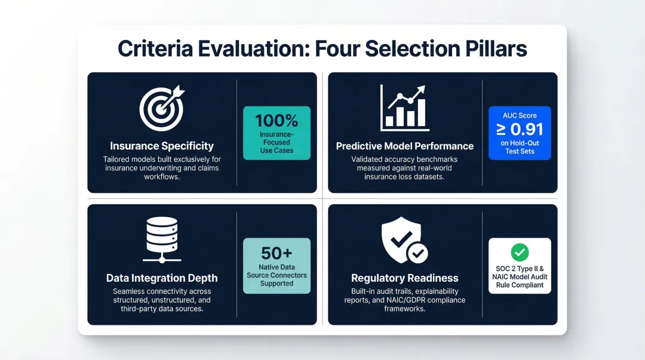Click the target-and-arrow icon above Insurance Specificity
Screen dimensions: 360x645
pyautogui.click(x=161, y=109)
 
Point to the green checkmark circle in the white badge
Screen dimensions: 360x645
pyautogui.click(x=520, y=251)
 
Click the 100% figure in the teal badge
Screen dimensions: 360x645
pyautogui.click(x=277, y=121)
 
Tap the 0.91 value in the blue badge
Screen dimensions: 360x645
pyautogui.click(x=526, y=130)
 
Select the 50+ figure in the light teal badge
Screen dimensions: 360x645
pyautogui.click(x=277, y=253)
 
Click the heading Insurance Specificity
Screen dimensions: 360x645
pyautogui.click(x=161, y=146)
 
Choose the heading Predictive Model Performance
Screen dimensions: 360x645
pyautogui.click(x=404, y=146)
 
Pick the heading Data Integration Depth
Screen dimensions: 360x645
pyautogui.click(x=161, y=278)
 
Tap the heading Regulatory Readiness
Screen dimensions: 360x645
pyautogui.click(x=404, y=278)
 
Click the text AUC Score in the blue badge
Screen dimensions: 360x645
pyautogui.click(x=520, y=115)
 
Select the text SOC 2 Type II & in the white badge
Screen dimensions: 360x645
pyautogui.click(x=520, y=268)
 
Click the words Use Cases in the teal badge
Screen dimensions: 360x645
pyautogui.click(x=277, y=150)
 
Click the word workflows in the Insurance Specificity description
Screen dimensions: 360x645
pyautogui.click(x=161, y=177)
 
